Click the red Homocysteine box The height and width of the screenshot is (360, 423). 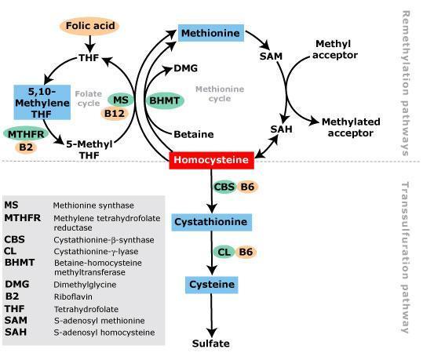[212, 160]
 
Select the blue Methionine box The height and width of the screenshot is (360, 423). [211, 33]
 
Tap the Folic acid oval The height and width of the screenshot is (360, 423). [89, 26]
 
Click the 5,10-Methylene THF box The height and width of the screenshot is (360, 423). [42, 103]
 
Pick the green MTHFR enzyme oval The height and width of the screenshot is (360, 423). [26, 134]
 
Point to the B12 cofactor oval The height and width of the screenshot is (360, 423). [115, 114]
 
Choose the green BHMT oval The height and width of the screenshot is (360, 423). [165, 101]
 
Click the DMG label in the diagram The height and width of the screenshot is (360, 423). [185, 68]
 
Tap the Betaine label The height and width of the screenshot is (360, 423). [194, 134]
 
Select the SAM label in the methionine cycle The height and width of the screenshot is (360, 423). [271, 56]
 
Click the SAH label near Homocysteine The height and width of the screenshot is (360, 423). [282, 129]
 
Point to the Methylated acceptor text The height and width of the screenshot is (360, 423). [351, 127]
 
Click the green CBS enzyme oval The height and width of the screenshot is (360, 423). [224, 187]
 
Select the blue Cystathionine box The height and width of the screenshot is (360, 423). [212, 222]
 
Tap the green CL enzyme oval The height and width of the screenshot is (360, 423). [224, 252]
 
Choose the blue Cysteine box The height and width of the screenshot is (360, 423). [212, 285]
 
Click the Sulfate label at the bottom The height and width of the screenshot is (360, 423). [211, 344]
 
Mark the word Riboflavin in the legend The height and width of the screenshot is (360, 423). [73, 297]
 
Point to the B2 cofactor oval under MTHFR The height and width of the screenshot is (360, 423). [26, 147]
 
